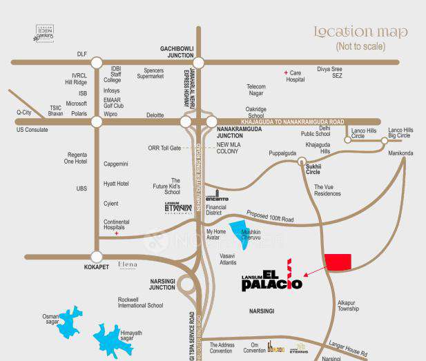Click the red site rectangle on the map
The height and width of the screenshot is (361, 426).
(338, 262)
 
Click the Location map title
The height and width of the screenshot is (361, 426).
(360, 32)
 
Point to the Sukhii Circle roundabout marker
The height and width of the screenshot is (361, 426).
(302, 162)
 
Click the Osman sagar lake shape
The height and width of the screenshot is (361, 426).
(70, 321)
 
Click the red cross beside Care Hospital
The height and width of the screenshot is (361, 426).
(286, 72)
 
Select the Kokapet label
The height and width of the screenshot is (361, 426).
(97, 266)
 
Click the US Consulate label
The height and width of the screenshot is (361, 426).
(32, 130)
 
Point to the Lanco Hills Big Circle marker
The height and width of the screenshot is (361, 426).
(385, 142)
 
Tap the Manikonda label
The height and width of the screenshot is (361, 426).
(400, 153)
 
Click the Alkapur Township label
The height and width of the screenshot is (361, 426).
(348, 306)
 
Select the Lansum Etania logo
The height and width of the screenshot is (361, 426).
(178, 206)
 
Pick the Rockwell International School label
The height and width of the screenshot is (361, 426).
(141, 303)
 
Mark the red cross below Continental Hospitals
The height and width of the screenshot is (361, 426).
(117, 234)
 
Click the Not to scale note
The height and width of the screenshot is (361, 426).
(360, 47)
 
